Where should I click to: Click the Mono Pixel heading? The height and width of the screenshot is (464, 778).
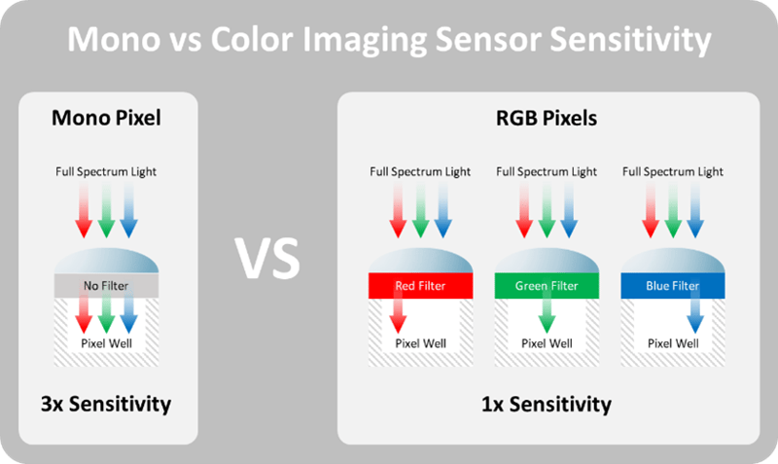(x=105, y=120)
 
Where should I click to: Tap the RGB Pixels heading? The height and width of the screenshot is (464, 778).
(x=547, y=120)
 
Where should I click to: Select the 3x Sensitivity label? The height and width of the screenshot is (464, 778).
(x=105, y=403)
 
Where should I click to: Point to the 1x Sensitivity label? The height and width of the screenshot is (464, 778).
(x=547, y=403)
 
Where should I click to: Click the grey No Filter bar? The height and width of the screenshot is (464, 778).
(x=105, y=286)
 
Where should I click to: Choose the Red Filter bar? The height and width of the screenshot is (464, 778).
(x=420, y=286)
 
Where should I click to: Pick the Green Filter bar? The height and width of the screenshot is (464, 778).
(x=547, y=286)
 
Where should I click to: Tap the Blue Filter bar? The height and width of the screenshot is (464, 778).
(x=673, y=286)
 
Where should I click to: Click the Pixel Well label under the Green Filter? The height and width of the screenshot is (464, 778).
(x=547, y=343)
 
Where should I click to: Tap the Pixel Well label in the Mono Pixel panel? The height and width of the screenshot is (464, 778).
(x=105, y=343)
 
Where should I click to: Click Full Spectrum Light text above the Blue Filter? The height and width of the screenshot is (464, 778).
(x=673, y=172)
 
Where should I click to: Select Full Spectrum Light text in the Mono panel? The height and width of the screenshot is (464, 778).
(x=105, y=172)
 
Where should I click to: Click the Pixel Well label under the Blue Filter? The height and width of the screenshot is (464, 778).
(x=673, y=343)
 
